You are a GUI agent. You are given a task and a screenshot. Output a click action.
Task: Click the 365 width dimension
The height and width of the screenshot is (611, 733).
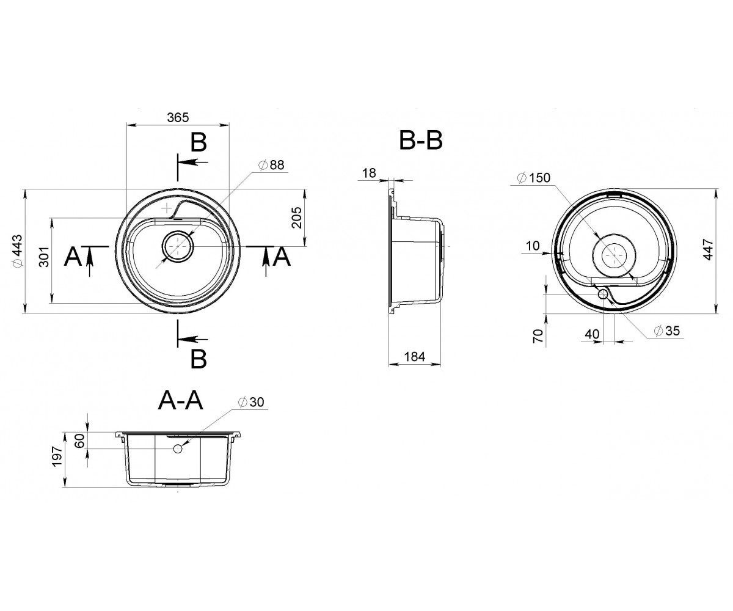tap(178, 117)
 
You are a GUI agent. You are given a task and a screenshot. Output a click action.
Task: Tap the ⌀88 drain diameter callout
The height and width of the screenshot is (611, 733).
tap(271, 165)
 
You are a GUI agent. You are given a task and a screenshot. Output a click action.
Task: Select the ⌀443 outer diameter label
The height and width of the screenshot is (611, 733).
tap(17, 251)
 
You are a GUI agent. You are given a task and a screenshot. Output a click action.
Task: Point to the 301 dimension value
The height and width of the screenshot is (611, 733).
tap(44, 257)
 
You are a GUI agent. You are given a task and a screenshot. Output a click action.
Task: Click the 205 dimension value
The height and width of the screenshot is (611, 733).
tap(297, 218)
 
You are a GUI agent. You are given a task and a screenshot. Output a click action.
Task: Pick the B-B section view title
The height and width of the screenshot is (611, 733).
tap(421, 141)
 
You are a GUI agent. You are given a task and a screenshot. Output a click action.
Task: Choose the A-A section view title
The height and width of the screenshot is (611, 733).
tap(180, 401)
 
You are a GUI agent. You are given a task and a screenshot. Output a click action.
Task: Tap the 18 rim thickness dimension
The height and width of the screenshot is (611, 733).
tap(369, 173)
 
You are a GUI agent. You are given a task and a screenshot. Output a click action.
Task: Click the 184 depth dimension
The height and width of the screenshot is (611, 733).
tap(415, 356)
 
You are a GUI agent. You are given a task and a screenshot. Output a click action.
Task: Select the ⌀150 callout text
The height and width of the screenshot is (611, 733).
tap(534, 178)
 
